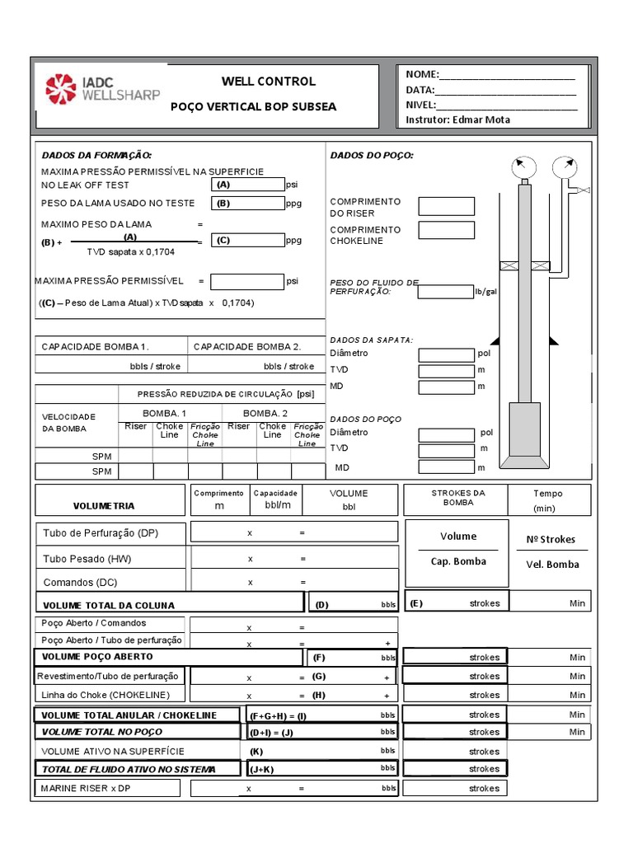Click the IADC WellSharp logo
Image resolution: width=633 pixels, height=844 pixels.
tap(103, 89)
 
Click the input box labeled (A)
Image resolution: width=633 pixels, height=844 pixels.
tap(247, 185)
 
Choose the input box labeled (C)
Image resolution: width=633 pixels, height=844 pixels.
tap(247, 241)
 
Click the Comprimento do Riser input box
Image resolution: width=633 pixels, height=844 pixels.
tap(446, 206)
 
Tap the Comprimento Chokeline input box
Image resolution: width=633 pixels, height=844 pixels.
tap(446, 231)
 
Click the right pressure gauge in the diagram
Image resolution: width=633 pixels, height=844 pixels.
tap(564, 168)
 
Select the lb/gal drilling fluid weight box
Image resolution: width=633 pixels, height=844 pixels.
tap(445, 291)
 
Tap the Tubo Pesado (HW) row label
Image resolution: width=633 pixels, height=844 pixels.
tap(87, 559)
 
